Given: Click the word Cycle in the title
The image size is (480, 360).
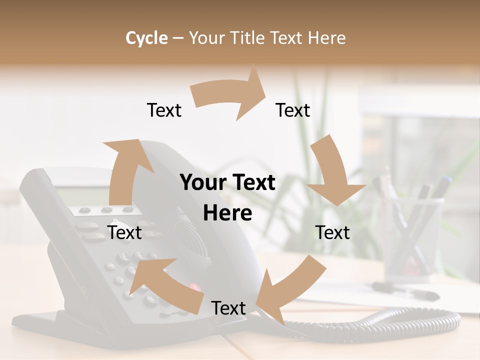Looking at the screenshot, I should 146,38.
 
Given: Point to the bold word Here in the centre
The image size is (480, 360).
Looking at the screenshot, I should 227,213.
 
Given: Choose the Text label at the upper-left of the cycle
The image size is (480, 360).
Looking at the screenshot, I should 164,110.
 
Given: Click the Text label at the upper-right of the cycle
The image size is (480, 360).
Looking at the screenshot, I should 293,110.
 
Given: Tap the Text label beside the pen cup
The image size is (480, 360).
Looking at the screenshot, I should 332,232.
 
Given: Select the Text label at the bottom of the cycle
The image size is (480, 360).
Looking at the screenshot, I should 228,308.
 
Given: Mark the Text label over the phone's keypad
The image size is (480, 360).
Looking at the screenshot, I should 124,232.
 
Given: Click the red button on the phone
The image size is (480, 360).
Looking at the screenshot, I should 194,287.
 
